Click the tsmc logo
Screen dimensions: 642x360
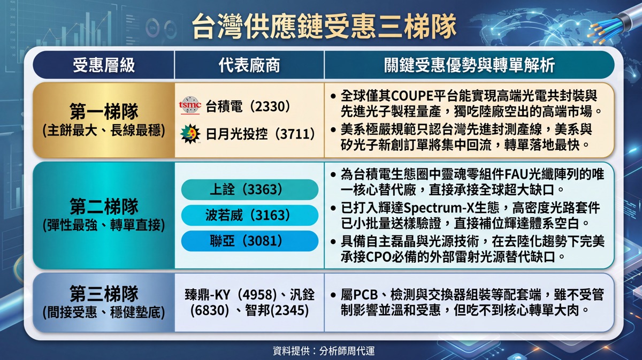click(x=190, y=105)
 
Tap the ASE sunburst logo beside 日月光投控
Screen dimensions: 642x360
click(x=190, y=134)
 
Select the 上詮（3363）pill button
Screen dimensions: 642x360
click(x=250, y=189)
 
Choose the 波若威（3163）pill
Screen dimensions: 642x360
click(x=250, y=215)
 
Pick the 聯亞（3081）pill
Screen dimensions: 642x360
click(x=250, y=241)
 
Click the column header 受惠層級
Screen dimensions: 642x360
click(x=103, y=65)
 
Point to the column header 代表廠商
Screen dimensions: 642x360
click(x=249, y=65)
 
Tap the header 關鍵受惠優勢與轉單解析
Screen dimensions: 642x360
click(x=470, y=65)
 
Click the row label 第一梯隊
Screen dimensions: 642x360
click(x=104, y=111)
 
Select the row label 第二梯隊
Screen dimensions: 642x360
click(x=104, y=206)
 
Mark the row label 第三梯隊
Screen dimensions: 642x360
click(x=104, y=294)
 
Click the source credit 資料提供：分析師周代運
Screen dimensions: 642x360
click(x=324, y=350)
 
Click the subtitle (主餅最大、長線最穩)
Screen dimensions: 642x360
click(x=104, y=131)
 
